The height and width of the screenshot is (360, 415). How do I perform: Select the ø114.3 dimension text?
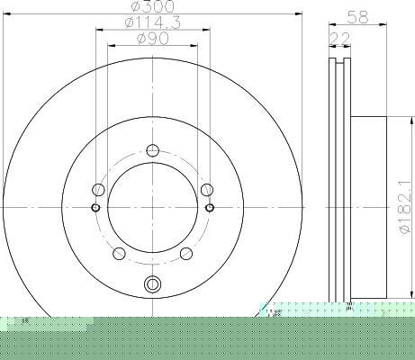tap(153, 22)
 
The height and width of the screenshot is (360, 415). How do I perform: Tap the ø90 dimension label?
tap(153, 39)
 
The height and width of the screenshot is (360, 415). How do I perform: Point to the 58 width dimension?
tap(357, 17)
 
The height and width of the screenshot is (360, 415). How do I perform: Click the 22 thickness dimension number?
tap(340, 39)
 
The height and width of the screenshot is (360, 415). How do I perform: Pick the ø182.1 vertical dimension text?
tap(404, 208)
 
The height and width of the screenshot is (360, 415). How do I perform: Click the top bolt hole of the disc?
tap(153, 150)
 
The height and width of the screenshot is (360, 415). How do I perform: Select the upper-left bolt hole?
tap(98, 190)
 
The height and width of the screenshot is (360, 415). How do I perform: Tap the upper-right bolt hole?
tap(207, 190)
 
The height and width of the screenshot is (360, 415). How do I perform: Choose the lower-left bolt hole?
tap(119, 254)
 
